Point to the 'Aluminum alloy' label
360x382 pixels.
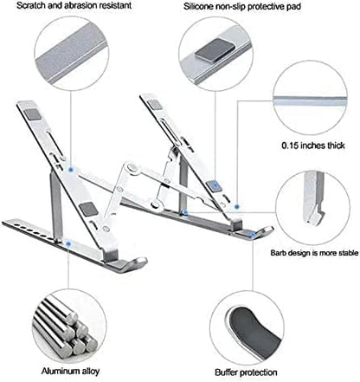(62, 366)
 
